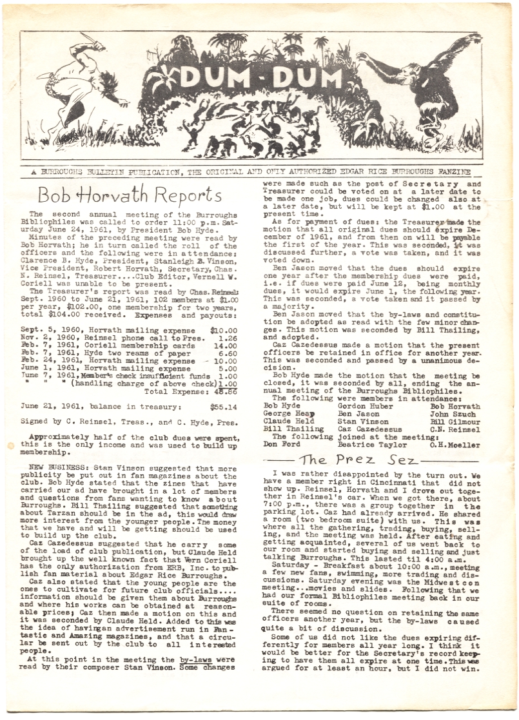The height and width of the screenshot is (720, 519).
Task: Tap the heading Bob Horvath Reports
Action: click(x=130, y=194)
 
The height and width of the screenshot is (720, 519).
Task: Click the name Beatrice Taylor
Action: click(x=370, y=445)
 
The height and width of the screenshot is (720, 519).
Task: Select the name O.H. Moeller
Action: click(x=455, y=445)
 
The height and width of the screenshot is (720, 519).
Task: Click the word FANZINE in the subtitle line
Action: click(x=452, y=172)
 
